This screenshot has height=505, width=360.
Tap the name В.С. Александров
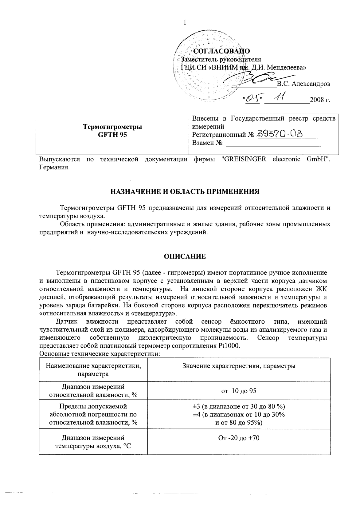[x=303, y=84]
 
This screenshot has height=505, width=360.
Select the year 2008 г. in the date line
[x=320, y=100]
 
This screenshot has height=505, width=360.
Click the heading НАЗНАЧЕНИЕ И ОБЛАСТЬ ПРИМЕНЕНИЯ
[x=185, y=192]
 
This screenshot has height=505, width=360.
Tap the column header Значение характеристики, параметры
[x=239, y=366]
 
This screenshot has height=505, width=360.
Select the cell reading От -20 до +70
[x=239, y=438]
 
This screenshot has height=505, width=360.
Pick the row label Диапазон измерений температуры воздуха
[x=93, y=442]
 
